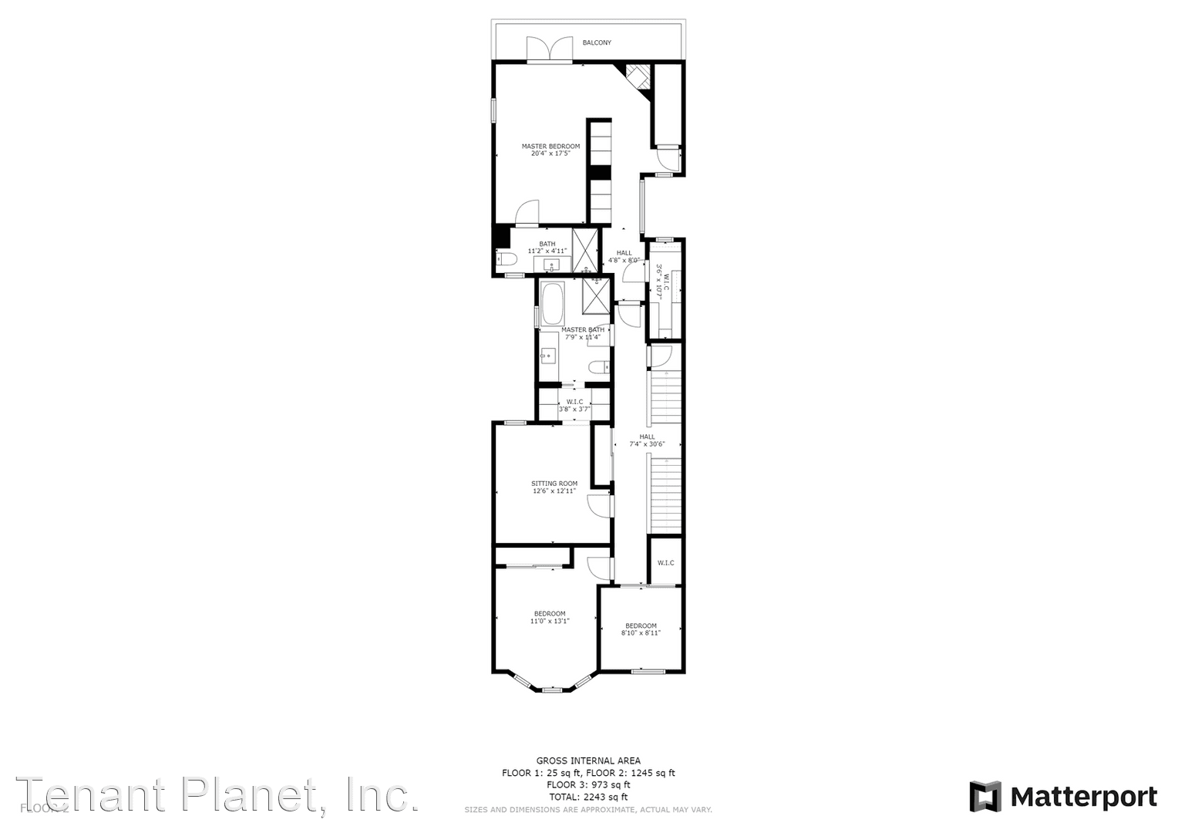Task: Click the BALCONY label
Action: pyautogui.click(x=597, y=42)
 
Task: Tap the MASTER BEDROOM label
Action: pyautogui.click(x=550, y=146)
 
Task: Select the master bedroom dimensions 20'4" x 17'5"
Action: pyautogui.click(x=550, y=153)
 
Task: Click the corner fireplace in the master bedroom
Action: pyautogui.click(x=638, y=76)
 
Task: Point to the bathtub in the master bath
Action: pyautogui.click(x=552, y=305)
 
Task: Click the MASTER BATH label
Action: pyautogui.click(x=583, y=330)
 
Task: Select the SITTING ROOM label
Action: pyautogui.click(x=554, y=484)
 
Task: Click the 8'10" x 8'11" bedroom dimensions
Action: pyautogui.click(x=641, y=633)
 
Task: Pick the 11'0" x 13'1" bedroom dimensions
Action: pyautogui.click(x=550, y=621)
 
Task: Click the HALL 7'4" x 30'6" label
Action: pyautogui.click(x=647, y=440)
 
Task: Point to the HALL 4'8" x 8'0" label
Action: pyautogui.click(x=624, y=256)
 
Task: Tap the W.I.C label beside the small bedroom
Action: pyautogui.click(x=665, y=563)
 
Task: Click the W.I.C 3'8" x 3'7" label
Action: pyautogui.click(x=574, y=406)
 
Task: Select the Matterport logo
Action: pyautogui.click(x=1063, y=797)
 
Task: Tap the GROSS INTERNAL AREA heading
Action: pyautogui.click(x=588, y=760)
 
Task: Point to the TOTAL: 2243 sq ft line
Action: pyautogui.click(x=588, y=797)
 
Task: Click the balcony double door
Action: pyautogui.click(x=550, y=49)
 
